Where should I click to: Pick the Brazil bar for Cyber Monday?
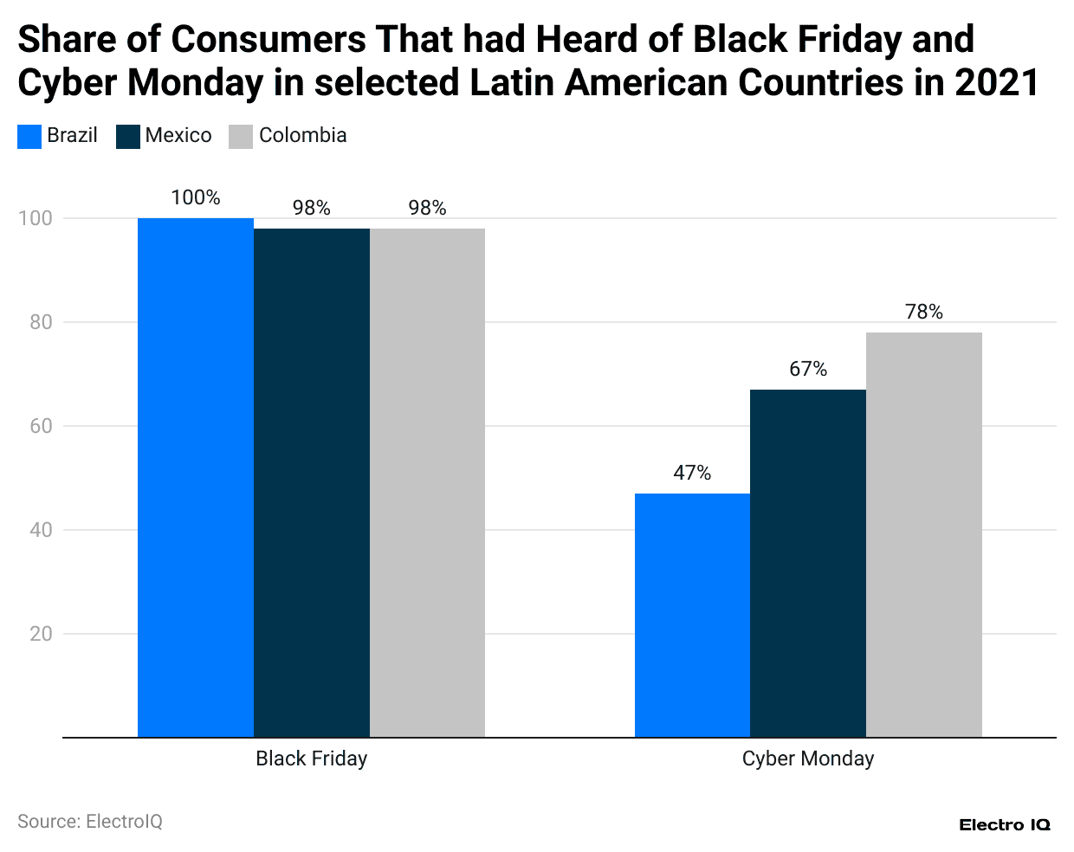(x=692, y=616)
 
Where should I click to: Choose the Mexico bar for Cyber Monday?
(x=808, y=564)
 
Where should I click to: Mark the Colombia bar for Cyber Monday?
(x=924, y=535)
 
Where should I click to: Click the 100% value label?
(x=196, y=197)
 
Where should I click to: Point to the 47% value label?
(x=692, y=473)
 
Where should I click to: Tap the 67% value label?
(x=808, y=369)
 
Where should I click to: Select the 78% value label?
(x=924, y=312)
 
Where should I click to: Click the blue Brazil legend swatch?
(x=29, y=137)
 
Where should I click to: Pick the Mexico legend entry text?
(x=178, y=135)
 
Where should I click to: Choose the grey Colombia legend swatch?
(x=241, y=137)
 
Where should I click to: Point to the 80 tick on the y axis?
(x=41, y=322)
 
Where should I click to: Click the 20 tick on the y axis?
(x=41, y=634)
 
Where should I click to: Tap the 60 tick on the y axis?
(x=41, y=426)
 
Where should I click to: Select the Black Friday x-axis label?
(x=312, y=758)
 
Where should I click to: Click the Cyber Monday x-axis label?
(x=808, y=758)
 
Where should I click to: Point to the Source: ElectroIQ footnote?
(x=90, y=821)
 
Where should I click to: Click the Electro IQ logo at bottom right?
(x=1005, y=825)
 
